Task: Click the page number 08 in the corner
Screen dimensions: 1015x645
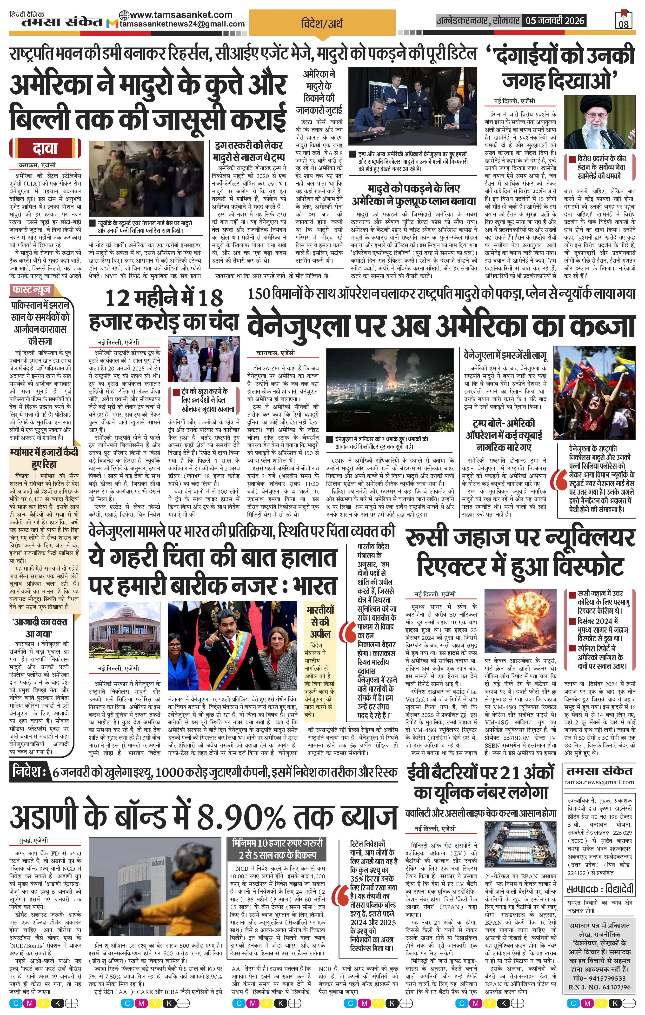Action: [624, 24]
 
